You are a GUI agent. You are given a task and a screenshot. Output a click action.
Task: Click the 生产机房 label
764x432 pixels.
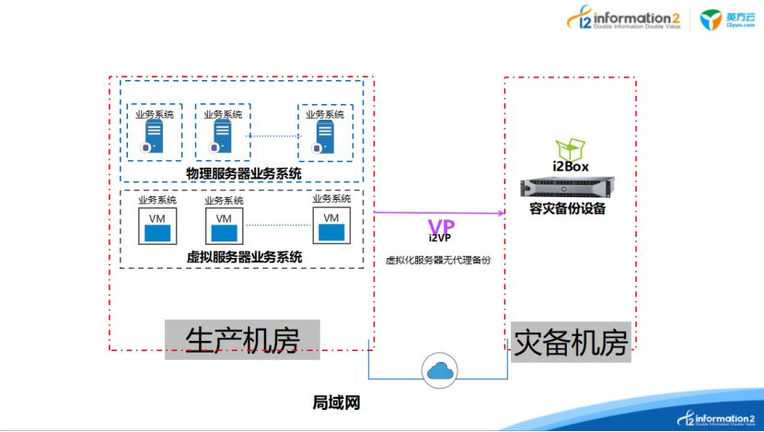pos(243,340)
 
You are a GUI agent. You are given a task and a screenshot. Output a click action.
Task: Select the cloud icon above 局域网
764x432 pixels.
pos(438,370)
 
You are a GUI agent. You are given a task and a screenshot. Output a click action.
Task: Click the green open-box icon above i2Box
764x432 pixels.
pos(571,149)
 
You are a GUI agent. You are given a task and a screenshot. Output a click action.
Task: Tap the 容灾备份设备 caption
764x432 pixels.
pos(568,210)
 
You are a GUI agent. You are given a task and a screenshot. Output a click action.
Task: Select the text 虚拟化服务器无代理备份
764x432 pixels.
pos(438,261)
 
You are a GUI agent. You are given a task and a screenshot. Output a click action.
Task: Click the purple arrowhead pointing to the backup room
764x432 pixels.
pos(501,214)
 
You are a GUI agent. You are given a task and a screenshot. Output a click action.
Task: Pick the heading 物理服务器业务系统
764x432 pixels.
pos(243,172)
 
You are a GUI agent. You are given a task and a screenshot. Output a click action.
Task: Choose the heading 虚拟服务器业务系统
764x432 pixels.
pos(244,257)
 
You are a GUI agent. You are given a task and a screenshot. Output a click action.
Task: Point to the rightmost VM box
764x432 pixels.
pos(331,223)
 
